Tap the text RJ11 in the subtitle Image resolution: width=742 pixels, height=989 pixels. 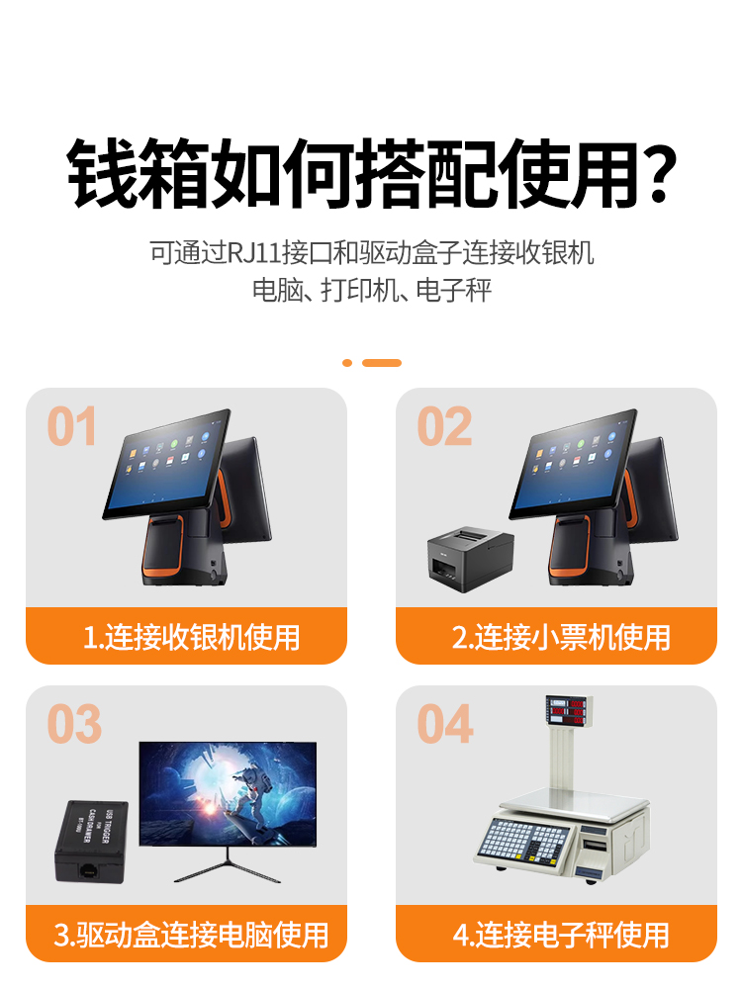(254, 252)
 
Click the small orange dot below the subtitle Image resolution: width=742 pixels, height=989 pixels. (347, 363)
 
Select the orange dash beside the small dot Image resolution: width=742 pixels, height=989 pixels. (382, 363)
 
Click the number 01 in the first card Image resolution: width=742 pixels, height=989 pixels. (72, 426)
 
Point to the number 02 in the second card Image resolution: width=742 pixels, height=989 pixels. (444, 426)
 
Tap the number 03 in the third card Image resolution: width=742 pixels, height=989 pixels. (74, 724)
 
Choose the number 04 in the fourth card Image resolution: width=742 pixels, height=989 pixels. (445, 724)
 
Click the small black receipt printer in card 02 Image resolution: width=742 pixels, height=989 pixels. (462, 558)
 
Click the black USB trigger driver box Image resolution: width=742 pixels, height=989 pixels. (91, 841)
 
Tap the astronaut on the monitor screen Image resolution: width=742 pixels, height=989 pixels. (247, 796)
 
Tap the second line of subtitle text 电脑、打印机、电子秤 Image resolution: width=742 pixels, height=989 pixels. (371, 292)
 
